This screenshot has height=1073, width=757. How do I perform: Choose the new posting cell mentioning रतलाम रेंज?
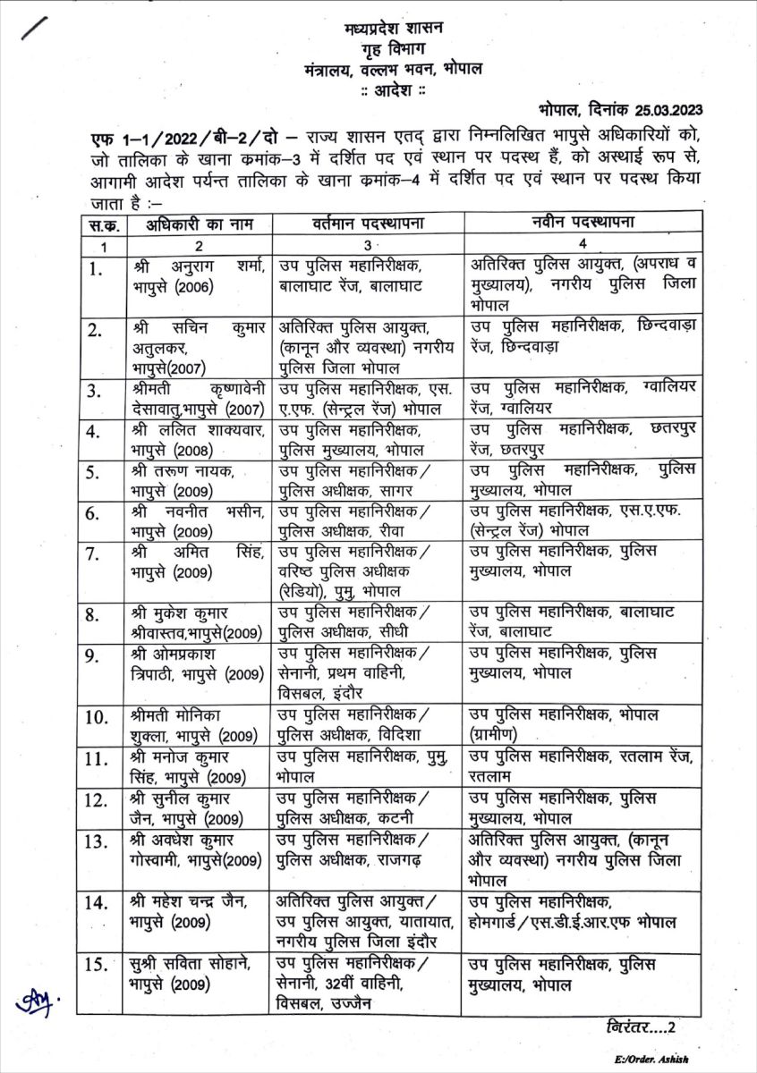point(581,767)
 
